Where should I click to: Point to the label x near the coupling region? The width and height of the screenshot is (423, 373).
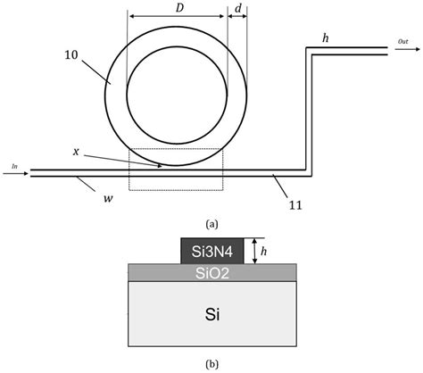(x=77, y=153)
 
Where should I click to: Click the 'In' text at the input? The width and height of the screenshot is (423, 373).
(x=14, y=165)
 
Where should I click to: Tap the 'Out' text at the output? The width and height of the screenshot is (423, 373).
(x=403, y=42)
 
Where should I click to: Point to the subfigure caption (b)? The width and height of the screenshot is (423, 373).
(x=211, y=363)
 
